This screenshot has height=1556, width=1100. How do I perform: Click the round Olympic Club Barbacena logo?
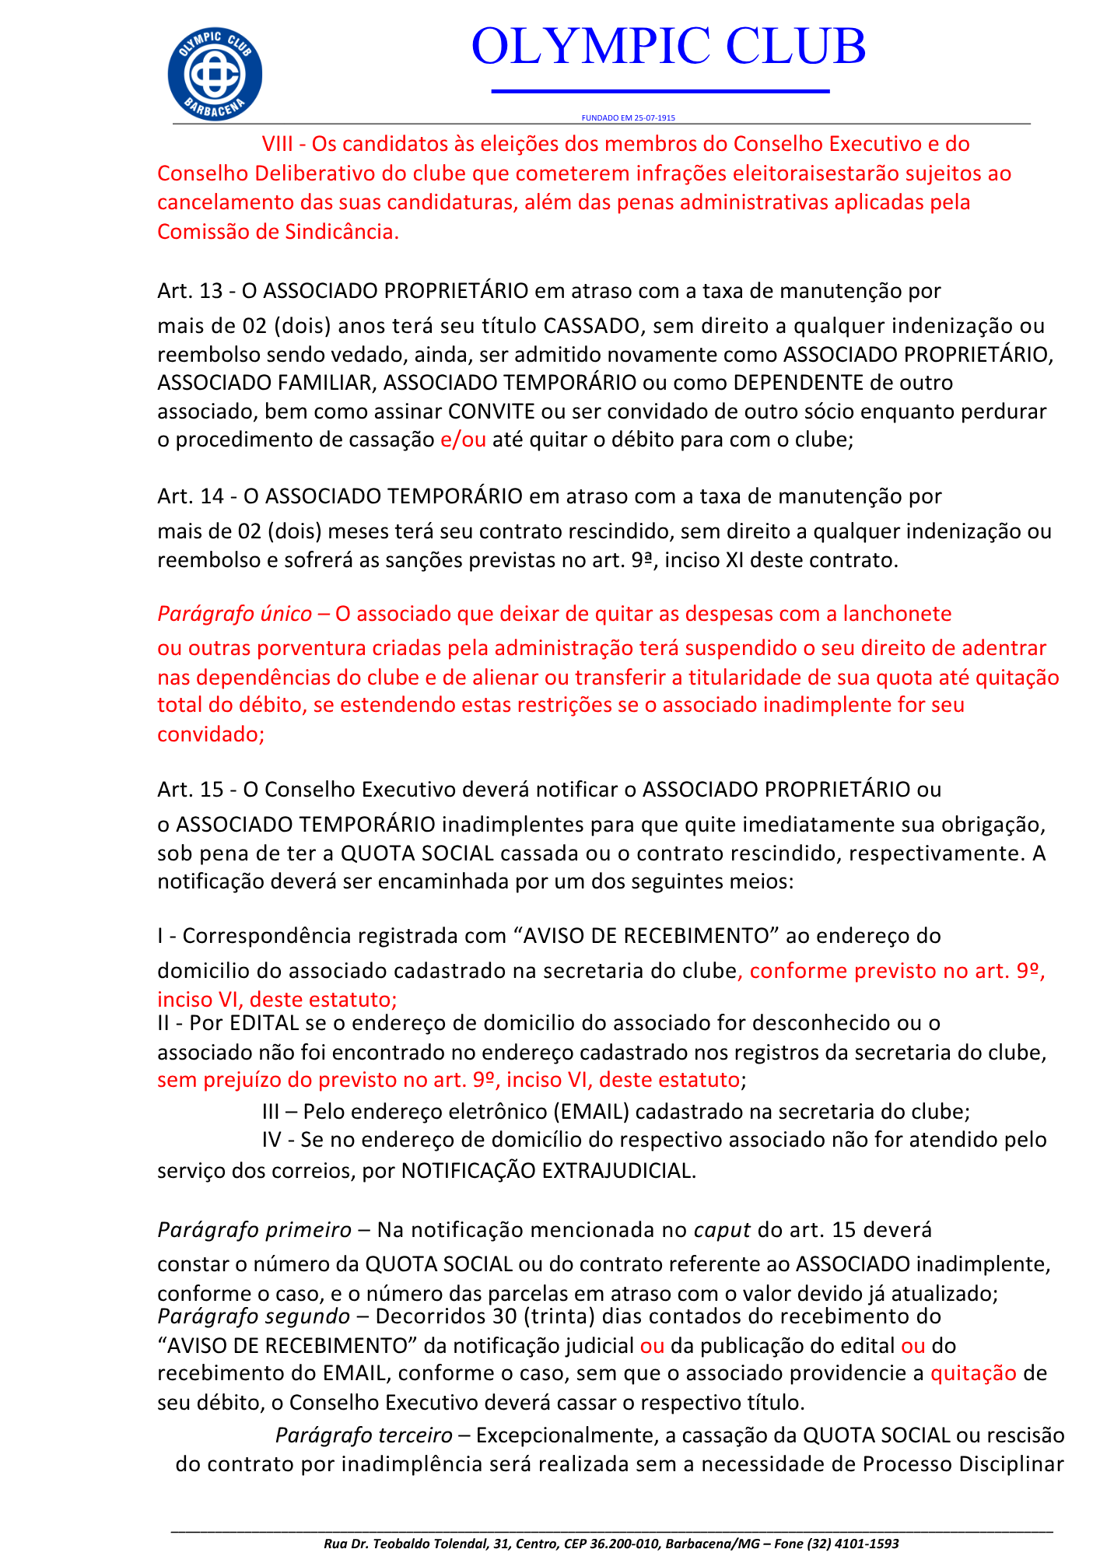click(215, 75)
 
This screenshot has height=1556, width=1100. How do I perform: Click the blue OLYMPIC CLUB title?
click(668, 47)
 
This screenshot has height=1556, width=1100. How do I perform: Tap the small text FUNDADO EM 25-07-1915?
click(628, 118)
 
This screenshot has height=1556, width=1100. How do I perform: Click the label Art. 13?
click(190, 291)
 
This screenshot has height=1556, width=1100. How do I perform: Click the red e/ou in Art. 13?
click(463, 440)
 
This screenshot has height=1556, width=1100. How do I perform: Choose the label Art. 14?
click(191, 496)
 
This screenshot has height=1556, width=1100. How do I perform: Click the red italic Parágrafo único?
click(234, 614)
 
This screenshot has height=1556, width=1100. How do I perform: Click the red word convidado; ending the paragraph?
click(211, 734)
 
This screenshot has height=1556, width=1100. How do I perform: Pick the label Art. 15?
click(191, 790)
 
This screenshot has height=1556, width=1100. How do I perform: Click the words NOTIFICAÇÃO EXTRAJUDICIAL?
click(548, 1171)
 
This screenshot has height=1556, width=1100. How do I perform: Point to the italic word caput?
click(722, 1230)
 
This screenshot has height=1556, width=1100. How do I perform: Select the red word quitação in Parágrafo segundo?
click(973, 1373)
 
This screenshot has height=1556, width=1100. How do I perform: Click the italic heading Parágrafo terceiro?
click(363, 1435)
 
